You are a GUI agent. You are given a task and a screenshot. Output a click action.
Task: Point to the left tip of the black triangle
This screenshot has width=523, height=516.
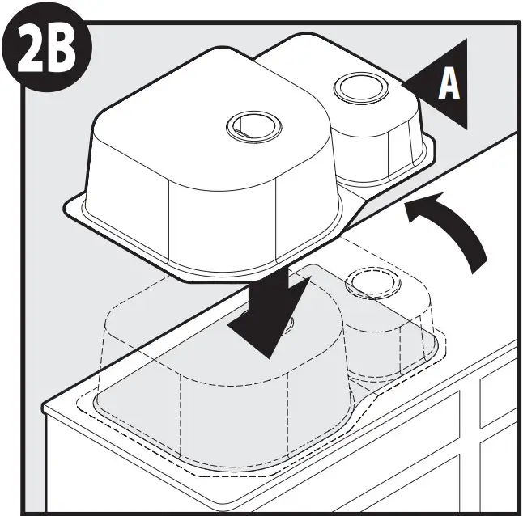402,81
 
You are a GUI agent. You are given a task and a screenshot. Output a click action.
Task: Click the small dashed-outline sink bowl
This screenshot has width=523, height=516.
389,332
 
